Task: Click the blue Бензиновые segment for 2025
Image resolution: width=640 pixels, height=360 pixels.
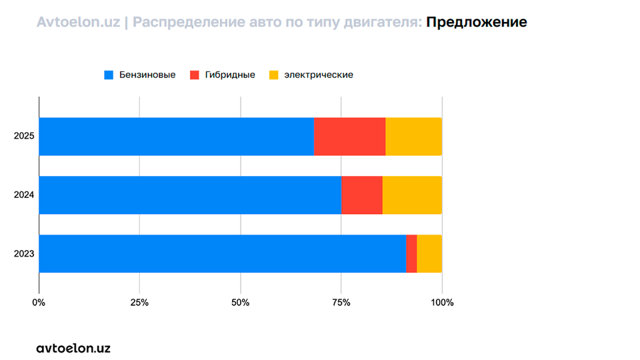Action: (x=176, y=137)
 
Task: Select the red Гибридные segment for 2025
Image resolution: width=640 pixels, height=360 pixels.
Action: (x=349, y=137)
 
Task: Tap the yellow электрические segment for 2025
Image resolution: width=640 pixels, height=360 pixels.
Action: (x=413, y=137)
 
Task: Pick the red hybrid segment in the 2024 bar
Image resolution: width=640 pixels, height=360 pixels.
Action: (x=361, y=195)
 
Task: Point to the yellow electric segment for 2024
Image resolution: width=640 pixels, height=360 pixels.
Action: (x=412, y=195)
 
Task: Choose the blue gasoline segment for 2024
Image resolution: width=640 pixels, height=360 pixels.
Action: (x=190, y=195)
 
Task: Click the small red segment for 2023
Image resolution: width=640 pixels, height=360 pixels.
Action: (x=411, y=253)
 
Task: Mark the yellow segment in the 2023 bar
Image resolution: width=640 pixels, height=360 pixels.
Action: (x=429, y=253)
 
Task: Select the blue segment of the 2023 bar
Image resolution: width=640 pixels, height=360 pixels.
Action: (x=223, y=253)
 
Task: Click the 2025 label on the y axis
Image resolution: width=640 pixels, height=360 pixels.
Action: (x=24, y=137)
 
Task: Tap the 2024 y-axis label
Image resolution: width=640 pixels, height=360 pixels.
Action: (x=24, y=195)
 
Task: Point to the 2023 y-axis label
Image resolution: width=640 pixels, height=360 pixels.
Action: (x=24, y=254)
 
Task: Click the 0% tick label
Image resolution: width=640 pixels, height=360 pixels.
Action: (x=39, y=303)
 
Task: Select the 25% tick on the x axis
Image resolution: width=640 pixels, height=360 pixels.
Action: (x=139, y=303)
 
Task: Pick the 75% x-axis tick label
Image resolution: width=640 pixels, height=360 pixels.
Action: (x=341, y=303)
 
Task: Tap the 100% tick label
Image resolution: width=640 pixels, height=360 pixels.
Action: (x=442, y=303)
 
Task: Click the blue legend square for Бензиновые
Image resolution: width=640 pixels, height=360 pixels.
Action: (x=109, y=75)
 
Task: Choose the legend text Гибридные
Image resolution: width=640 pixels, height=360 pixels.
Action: (x=230, y=75)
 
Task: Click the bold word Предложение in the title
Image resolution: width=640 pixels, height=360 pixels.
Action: (x=476, y=22)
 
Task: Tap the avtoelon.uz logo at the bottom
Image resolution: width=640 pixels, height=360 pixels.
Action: (x=73, y=348)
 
